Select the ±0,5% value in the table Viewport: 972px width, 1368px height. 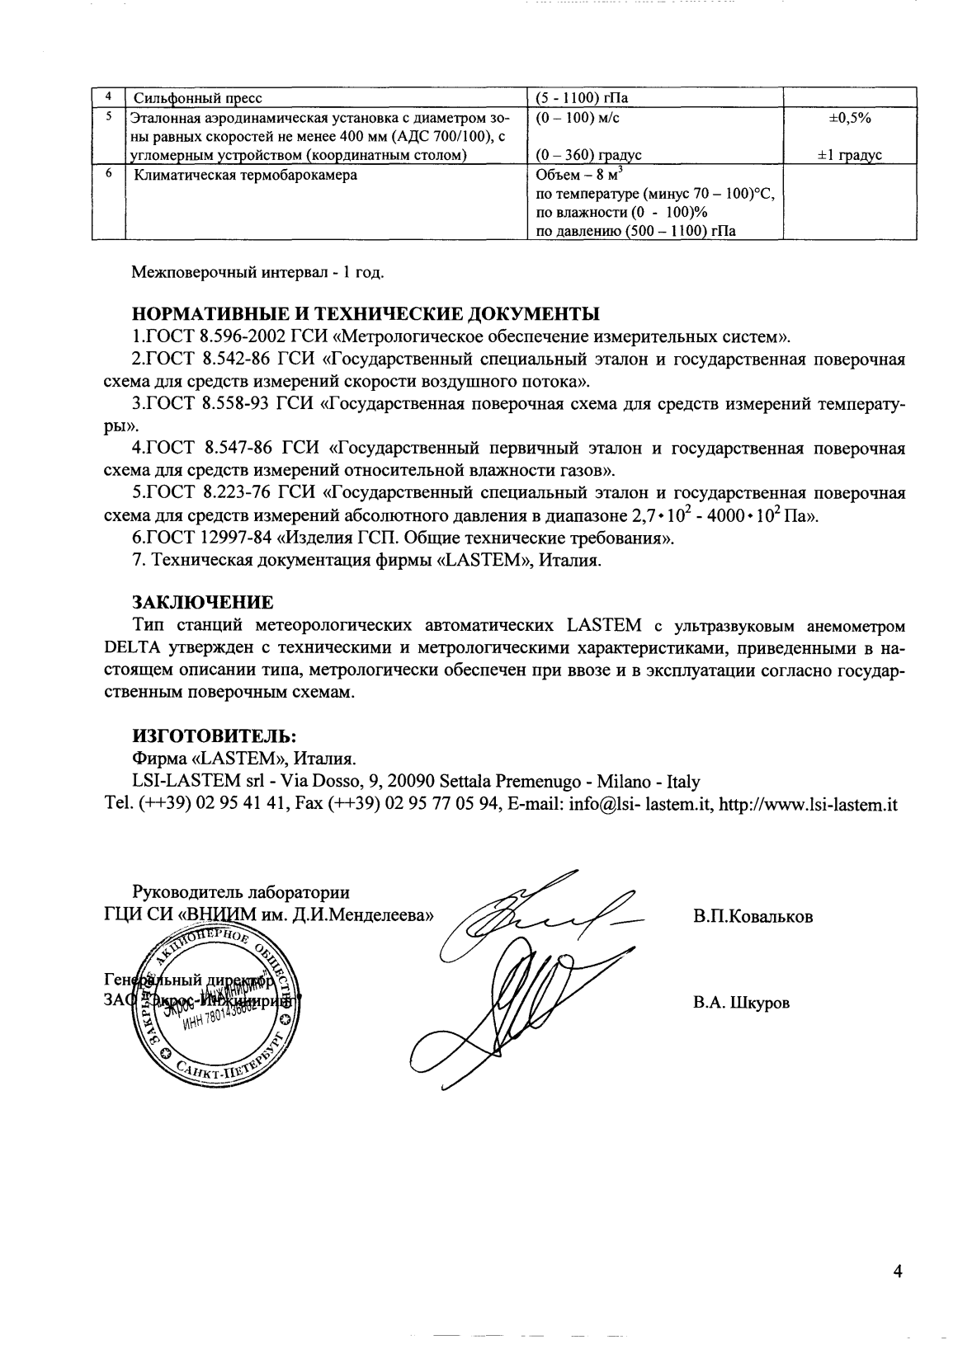849,118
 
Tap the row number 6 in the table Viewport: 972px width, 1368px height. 107,174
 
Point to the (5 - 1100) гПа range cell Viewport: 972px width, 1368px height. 582,99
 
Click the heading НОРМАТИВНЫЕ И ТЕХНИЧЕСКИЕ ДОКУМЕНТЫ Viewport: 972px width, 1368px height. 366,314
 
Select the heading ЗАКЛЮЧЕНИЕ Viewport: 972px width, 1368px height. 202,600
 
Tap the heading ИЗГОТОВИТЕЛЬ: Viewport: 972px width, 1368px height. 214,734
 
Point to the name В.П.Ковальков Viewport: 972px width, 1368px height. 753,916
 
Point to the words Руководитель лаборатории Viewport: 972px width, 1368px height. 241,892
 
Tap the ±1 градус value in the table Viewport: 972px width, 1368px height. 849,155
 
